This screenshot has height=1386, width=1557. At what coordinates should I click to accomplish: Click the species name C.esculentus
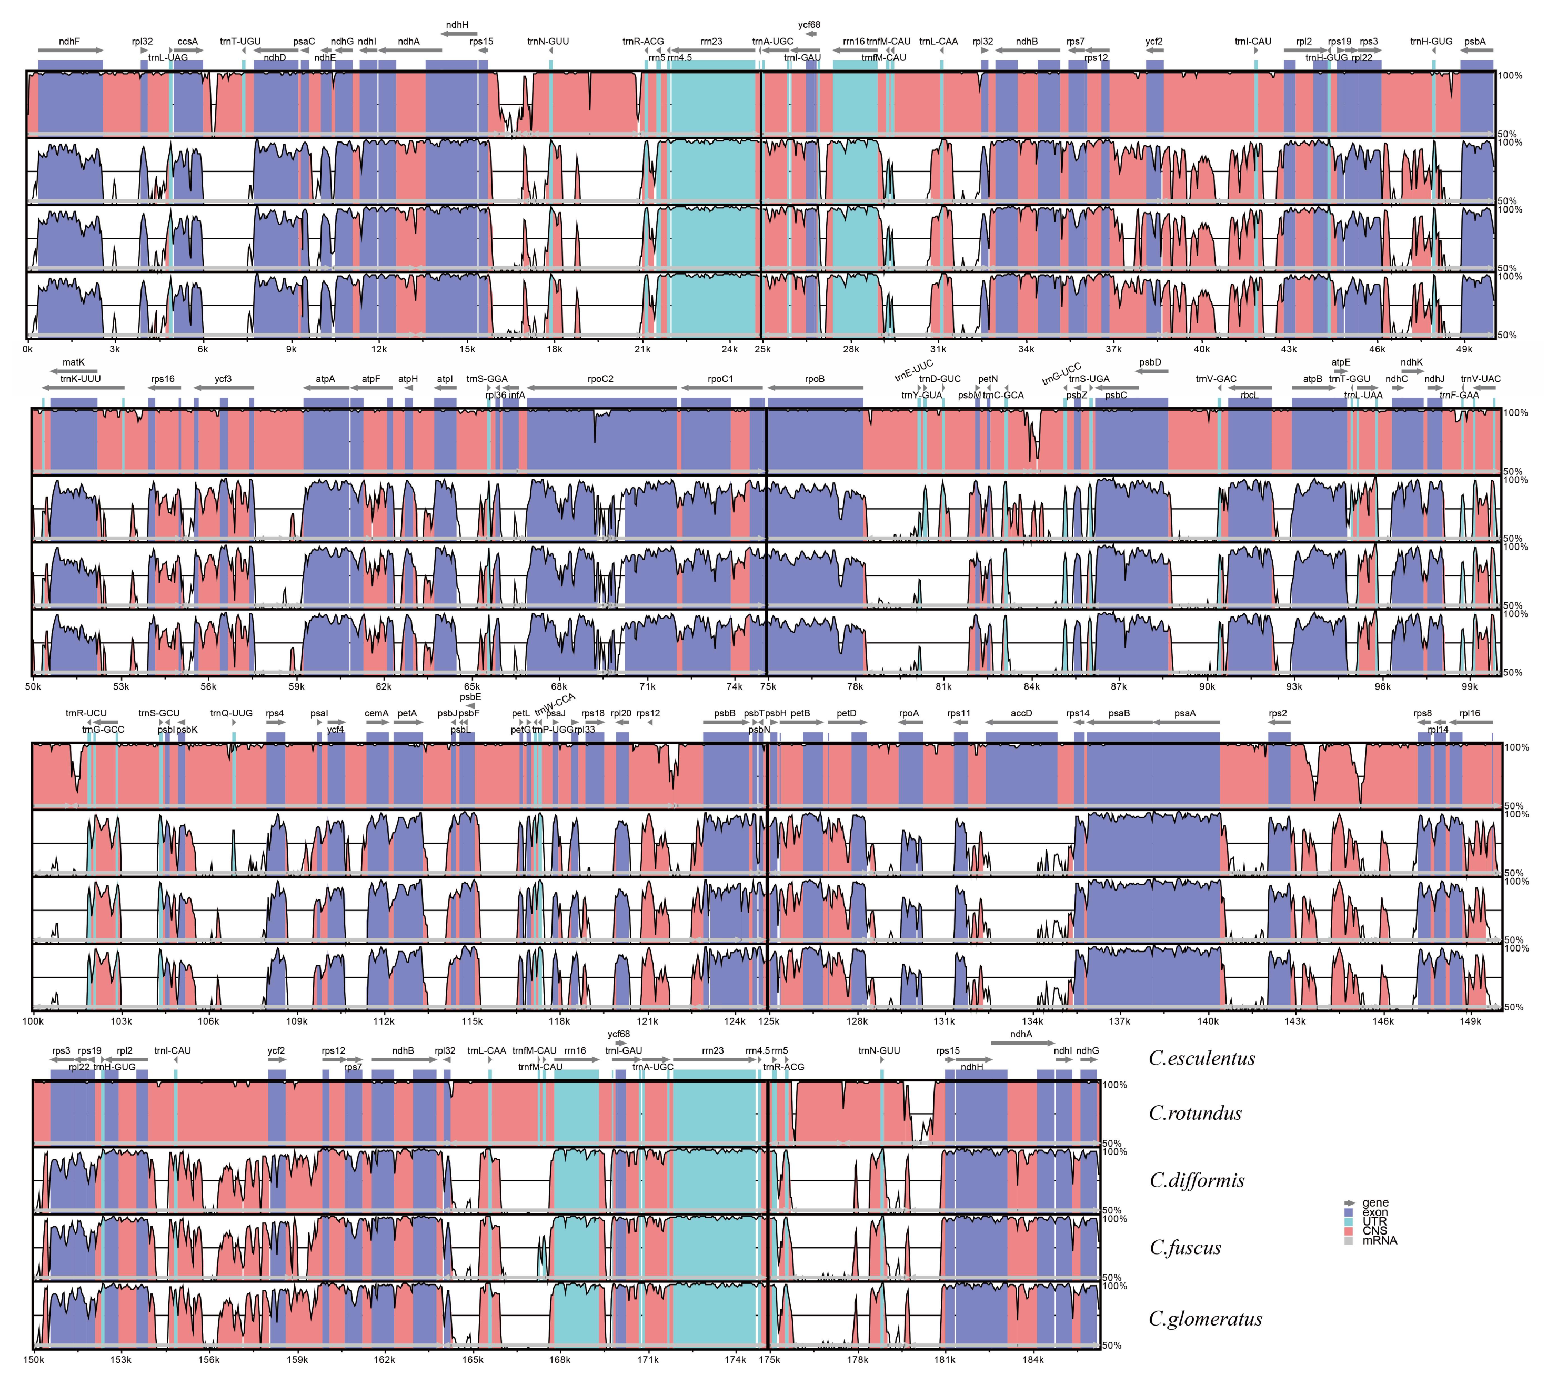click(1202, 1058)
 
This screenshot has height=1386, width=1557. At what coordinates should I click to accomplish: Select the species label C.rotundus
click(1195, 1114)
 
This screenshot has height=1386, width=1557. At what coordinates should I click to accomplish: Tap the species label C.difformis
click(1197, 1180)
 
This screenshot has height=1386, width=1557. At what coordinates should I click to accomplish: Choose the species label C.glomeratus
click(1205, 1319)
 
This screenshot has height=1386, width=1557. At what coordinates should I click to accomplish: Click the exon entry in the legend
click(1375, 1212)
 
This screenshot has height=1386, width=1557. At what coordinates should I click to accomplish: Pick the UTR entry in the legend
click(1375, 1221)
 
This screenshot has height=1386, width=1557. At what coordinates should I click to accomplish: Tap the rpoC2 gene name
click(600, 379)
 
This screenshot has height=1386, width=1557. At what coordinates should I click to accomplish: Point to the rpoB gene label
click(815, 379)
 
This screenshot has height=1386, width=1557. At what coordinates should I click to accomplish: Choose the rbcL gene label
click(1249, 395)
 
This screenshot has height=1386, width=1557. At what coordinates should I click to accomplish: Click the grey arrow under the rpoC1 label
click(719, 388)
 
